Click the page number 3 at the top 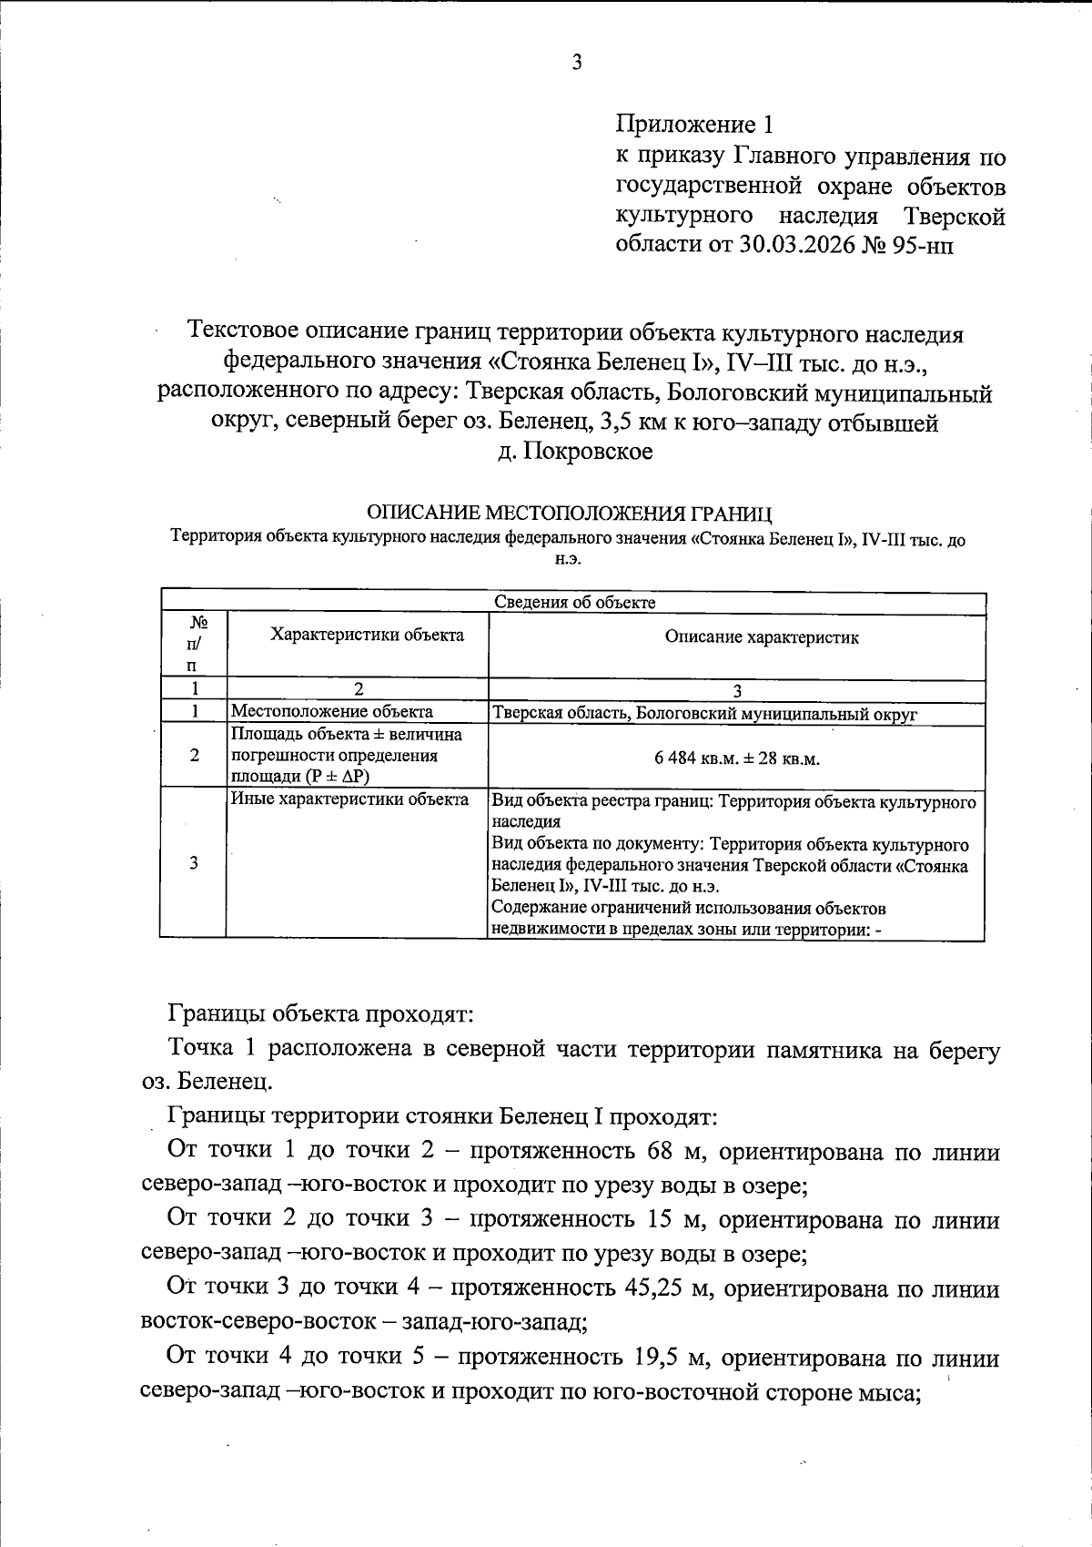(x=576, y=63)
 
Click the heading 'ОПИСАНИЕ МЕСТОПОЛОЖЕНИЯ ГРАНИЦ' (x=569, y=514)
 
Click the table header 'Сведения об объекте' (x=574, y=603)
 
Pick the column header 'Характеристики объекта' (x=367, y=636)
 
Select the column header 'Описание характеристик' (x=761, y=637)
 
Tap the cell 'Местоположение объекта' (x=332, y=712)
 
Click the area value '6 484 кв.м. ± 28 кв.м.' (x=737, y=758)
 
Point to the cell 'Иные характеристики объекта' (x=349, y=799)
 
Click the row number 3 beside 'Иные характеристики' (x=193, y=863)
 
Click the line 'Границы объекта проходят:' (x=318, y=1013)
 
